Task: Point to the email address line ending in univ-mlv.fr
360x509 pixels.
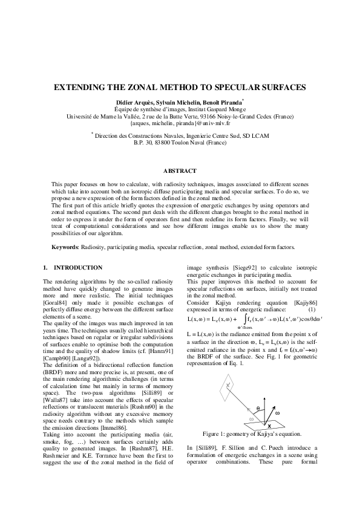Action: click(180, 122)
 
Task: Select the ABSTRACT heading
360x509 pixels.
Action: click(180, 171)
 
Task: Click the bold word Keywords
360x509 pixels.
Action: click(65, 247)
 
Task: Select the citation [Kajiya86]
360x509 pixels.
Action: click(308, 302)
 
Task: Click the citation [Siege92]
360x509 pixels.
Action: click(247, 267)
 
